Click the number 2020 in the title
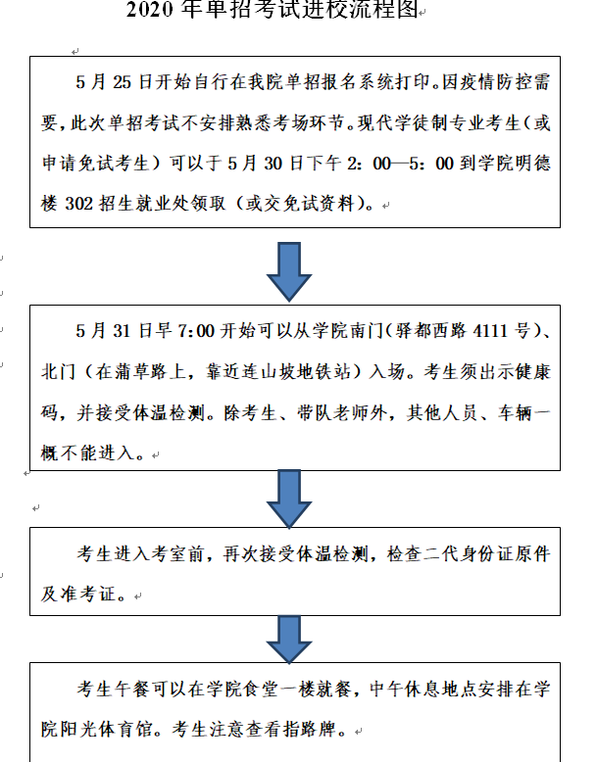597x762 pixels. pos(149,9)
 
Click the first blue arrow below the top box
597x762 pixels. pos(289,271)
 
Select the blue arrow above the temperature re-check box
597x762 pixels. pos(289,499)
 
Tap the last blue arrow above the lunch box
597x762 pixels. pos(289,639)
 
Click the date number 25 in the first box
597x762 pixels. pos(123,82)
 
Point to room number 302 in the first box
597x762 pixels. pos(78,203)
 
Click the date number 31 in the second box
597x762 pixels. pos(123,331)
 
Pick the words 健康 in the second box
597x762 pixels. pos(532,372)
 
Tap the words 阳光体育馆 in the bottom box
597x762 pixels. pos(106,730)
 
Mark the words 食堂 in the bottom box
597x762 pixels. pos(260,690)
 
